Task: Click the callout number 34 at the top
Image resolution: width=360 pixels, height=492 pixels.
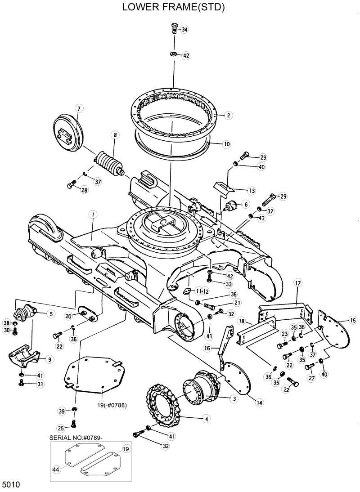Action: (184, 30)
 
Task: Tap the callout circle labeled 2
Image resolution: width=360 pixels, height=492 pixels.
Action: (229, 116)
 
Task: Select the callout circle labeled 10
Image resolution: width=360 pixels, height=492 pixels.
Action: (227, 144)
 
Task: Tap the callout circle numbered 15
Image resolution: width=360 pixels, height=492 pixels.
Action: (353, 321)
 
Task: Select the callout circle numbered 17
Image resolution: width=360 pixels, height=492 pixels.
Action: (297, 283)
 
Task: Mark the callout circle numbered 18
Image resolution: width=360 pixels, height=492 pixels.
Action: (241, 322)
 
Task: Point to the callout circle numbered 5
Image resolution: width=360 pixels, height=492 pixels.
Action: (51, 314)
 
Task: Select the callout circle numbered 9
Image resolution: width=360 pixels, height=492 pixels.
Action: (49, 359)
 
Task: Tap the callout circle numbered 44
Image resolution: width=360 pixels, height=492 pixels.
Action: (56, 469)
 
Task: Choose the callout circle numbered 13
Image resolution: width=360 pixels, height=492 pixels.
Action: (251, 191)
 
